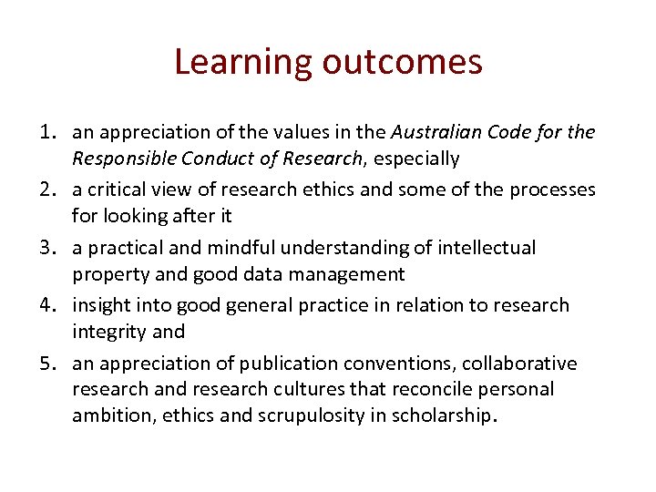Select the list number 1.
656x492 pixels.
click(51, 132)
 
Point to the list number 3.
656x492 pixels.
click(51, 248)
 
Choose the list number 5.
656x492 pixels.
click(51, 364)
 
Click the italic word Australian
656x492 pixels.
click(436, 132)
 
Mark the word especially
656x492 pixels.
click(415, 159)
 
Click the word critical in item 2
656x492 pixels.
click(119, 190)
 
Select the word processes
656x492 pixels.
click(551, 190)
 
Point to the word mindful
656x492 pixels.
click(242, 248)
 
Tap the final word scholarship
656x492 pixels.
click(445, 415)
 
